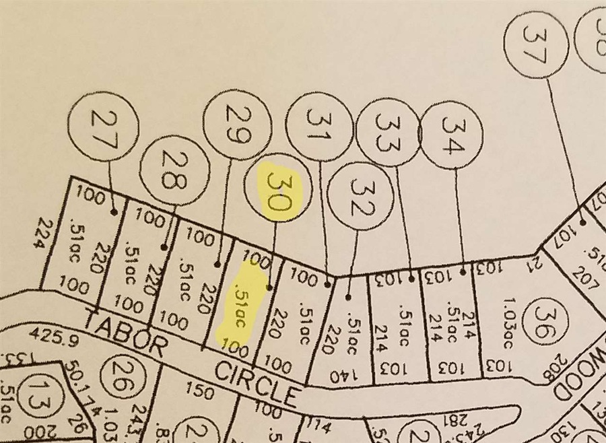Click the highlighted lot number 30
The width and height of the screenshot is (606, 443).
click(x=279, y=193)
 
